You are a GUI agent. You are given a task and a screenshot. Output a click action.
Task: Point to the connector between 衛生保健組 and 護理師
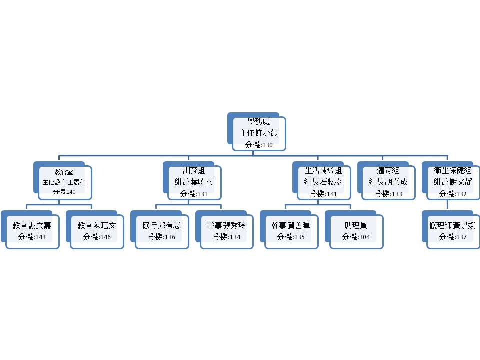coord(447,204)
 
